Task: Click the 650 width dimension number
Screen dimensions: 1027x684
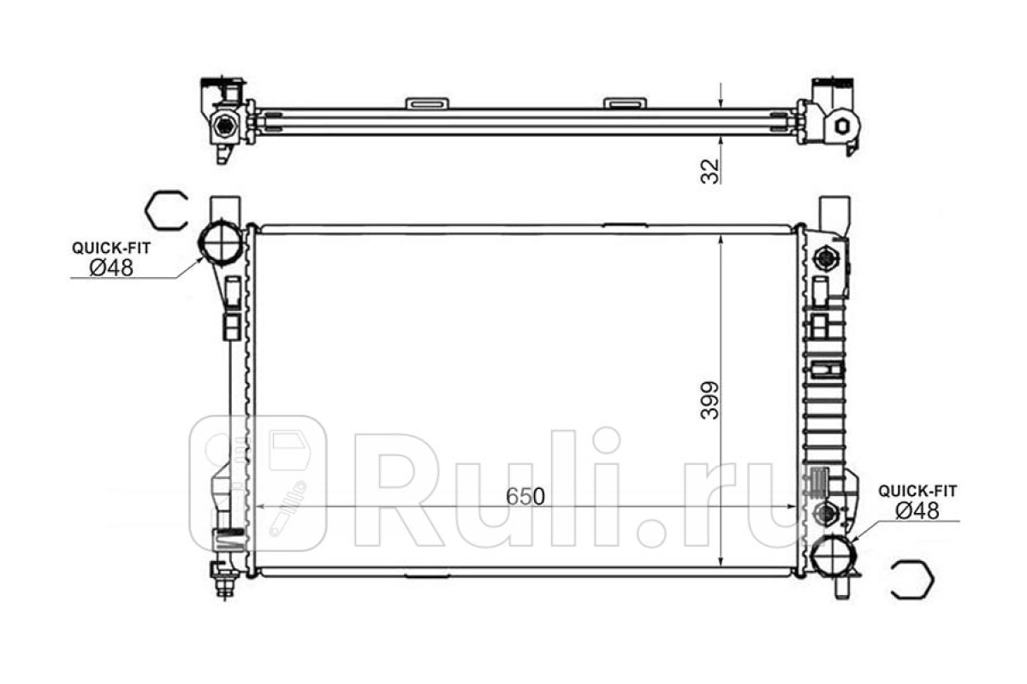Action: [525, 496]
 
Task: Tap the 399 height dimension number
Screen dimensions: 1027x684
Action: [709, 400]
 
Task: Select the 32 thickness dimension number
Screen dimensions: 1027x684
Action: [710, 171]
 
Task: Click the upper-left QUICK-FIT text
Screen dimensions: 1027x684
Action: [111, 248]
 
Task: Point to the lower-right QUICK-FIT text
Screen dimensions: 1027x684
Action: [917, 491]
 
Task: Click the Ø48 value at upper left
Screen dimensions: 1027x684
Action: [111, 268]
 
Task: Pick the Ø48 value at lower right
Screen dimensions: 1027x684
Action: [917, 510]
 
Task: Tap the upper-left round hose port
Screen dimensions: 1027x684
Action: [220, 242]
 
